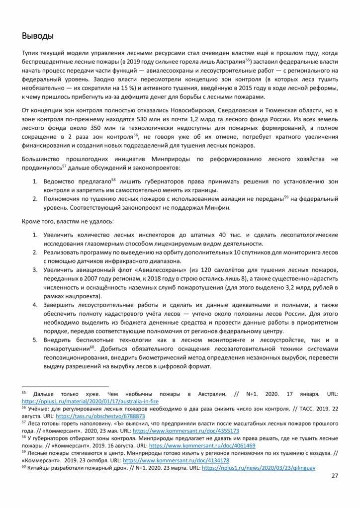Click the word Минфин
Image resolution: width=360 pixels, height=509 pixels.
219,208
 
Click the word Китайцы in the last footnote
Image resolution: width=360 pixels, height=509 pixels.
44,468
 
